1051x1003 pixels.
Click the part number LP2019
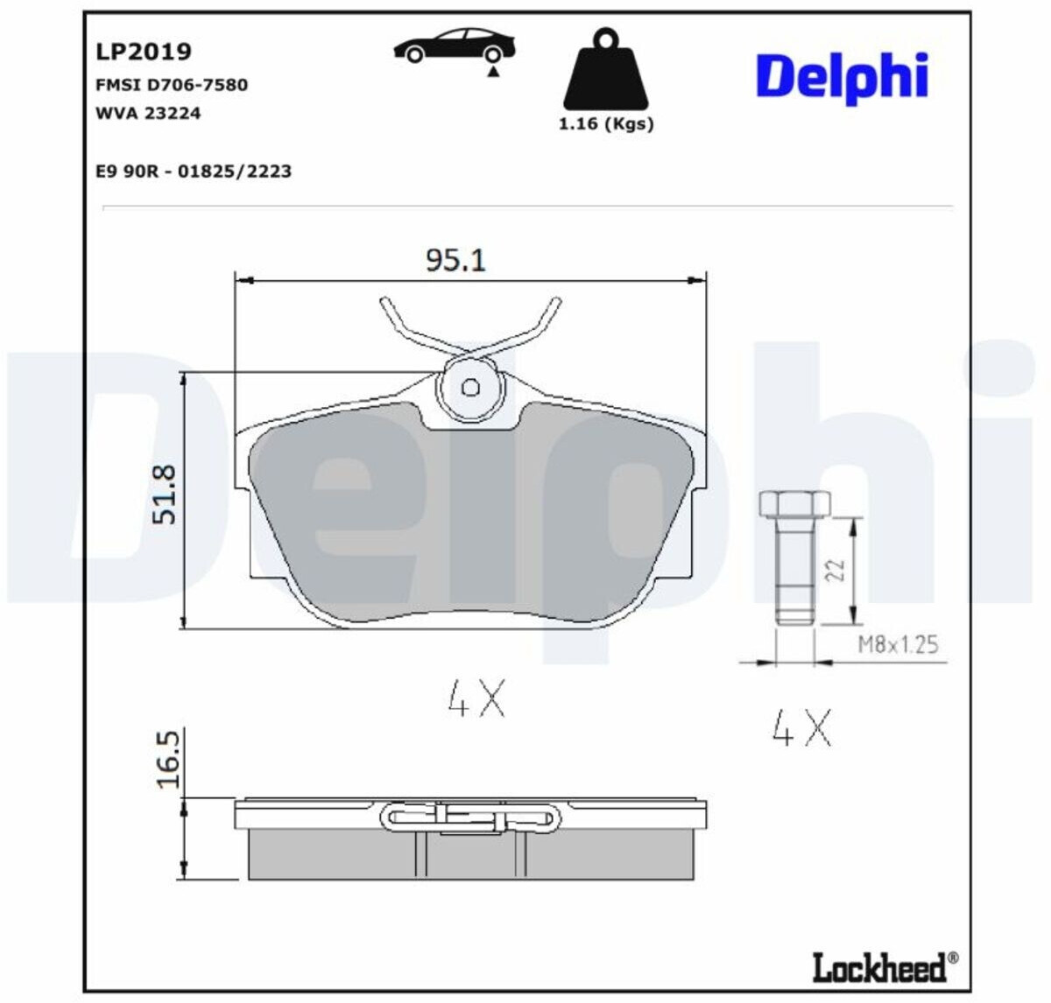[144, 52]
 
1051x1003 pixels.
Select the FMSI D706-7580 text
[172, 85]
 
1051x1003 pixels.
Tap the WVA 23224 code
[148, 114]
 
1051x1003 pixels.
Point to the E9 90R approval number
[194, 172]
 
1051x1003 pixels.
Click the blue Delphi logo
[842, 78]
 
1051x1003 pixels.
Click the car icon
[455, 45]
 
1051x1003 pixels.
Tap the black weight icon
[605, 69]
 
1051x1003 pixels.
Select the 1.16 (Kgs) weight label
[606, 124]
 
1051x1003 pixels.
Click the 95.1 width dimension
[456, 260]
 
